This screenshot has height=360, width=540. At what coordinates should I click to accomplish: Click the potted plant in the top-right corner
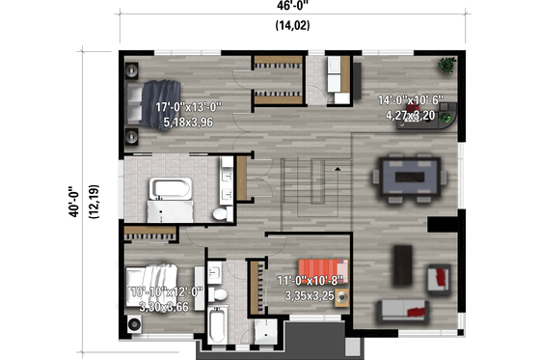pyautogui.click(x=445, y=69)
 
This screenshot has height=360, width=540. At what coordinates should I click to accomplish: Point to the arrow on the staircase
pyautogui.click(x=337, y=170)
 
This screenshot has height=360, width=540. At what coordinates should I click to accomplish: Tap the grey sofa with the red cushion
pyautogui.click(x=404, y=310)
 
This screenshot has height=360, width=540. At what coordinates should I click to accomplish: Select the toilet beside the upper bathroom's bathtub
pyautogui.click(x=219, y=210)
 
